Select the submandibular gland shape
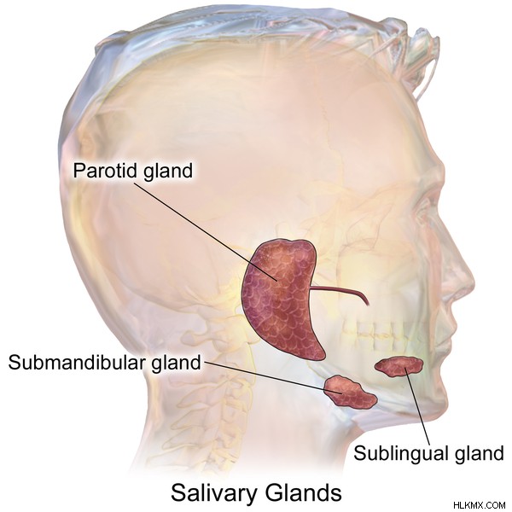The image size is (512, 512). tap(350, 393)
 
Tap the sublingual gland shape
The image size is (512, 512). tap(399, 366)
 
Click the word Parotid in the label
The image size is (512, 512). tap(105, 171)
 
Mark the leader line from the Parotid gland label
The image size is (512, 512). tap(206, 230)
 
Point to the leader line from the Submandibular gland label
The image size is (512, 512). tap(273, 377)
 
